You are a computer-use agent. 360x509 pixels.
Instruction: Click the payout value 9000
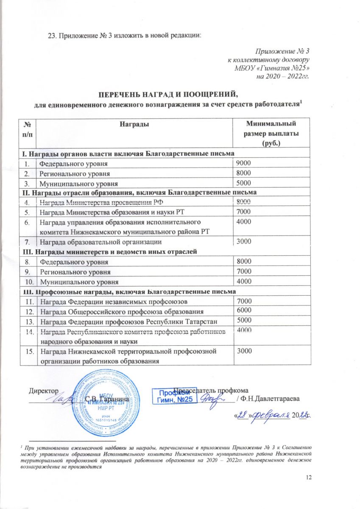click(x=244, y=163)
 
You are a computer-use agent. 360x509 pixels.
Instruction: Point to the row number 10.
click(x=29, y=282)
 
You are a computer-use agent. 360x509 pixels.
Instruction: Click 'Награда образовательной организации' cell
click(x=100, y=242)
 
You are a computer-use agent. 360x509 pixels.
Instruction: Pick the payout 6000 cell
click(x=244, y=310)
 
